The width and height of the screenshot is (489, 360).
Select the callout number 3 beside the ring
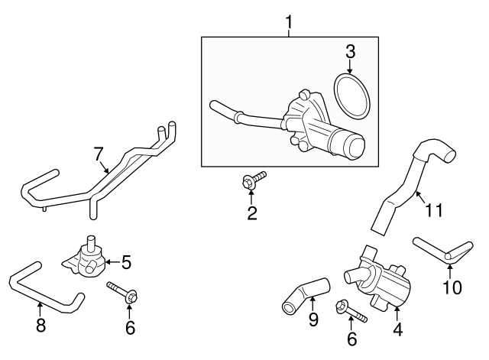[351, 53]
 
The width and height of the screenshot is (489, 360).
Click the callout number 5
[126, 262]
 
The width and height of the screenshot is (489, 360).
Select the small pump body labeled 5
[83, 257]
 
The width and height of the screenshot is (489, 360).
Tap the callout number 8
[40, 326]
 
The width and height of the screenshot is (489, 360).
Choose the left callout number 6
[130, 328]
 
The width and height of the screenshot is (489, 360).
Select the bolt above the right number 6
[351, 311]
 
